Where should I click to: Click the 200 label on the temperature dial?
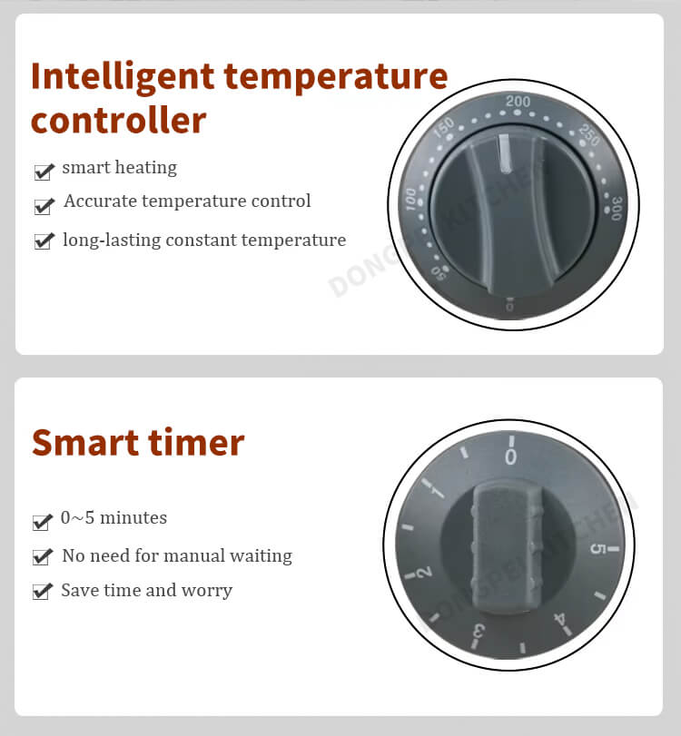pos(518,101)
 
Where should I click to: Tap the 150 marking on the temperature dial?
pos(443,127)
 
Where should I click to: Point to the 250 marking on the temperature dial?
pos(589,134)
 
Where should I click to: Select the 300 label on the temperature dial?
pos(617,208)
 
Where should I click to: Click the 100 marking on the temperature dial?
pos(410,199)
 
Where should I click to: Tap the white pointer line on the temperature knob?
pos(505,152)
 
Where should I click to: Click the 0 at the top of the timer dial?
pos(510,456)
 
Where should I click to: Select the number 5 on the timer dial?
pos(597,548)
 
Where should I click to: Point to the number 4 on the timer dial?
pos(560,620)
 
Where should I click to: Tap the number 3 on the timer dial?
pos(479,631)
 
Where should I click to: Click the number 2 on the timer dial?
pos(424,572)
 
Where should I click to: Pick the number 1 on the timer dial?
pos(438,493)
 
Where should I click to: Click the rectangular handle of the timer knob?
pos(507,548)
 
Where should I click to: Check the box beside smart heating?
pos(44,172)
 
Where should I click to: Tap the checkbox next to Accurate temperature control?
pos(44,206)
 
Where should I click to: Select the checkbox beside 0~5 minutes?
pos(42,522)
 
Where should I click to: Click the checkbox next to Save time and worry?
pos(42,591)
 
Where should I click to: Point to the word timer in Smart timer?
pos(196,443)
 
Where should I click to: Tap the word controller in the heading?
pos(118,121)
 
